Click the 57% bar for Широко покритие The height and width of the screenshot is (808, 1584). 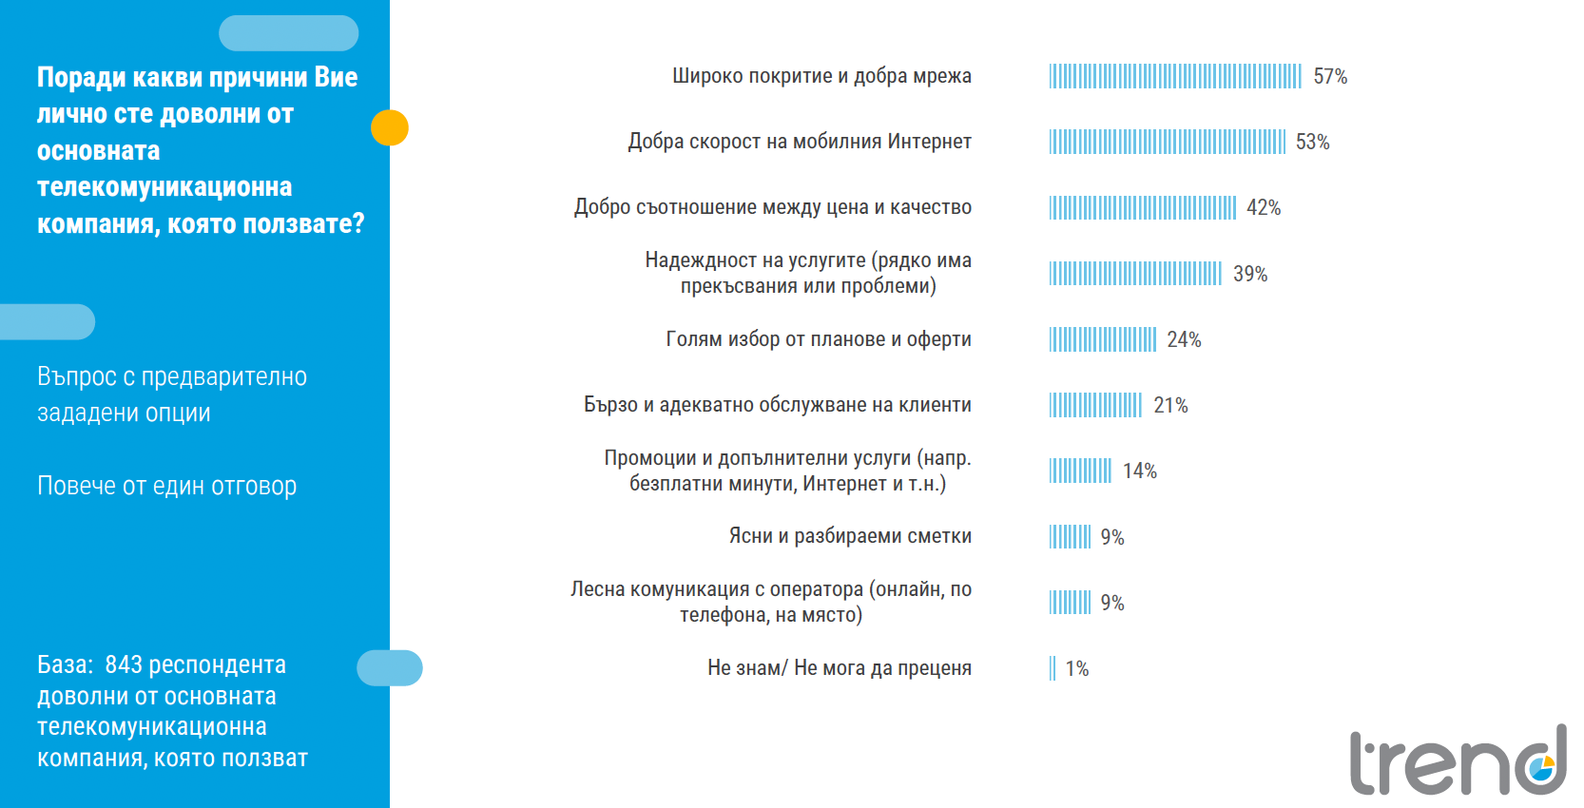(x=1174, y=76)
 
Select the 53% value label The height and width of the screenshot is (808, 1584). (x=1312, y=142)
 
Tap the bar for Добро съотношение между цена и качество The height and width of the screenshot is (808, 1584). (x=1142, y=207)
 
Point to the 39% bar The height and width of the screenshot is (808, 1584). (x=1135, y=274)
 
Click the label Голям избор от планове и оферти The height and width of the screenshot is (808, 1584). (x=818, y=339)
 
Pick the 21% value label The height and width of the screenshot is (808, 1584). (x=1170, y=405)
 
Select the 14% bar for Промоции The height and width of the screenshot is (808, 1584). (x=1080, y=471)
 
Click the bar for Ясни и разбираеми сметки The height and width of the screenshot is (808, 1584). (x=1070, y=537)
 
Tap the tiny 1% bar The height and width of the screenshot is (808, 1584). (x=1053, y=668)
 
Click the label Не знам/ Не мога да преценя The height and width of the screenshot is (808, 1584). (x=839, y=668)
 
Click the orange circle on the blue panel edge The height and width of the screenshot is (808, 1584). (x=390, y=127)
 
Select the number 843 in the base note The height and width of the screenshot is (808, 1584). (x=124, y=664)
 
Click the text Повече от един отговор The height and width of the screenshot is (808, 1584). (x=166, y=486)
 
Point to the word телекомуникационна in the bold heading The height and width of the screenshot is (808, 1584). (x=164, y=187)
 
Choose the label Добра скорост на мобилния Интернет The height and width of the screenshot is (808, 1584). (x=799, y=142)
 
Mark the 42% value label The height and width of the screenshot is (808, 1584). (x=1264, y=207)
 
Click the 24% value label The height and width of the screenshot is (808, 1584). (x=1184, y=339)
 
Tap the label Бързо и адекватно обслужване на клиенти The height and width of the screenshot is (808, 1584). (x=777, y=405)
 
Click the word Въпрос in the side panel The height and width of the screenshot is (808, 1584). (x=77, y=376)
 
